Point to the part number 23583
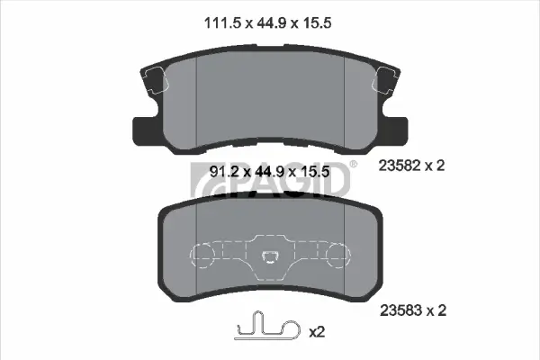click(x=401, y=311)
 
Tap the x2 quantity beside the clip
click(x=316, y=332)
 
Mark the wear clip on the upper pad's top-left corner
click(x=152, y=83)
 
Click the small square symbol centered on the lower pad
click(x=268, y=260)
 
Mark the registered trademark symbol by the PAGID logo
click(x=353, y=164)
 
